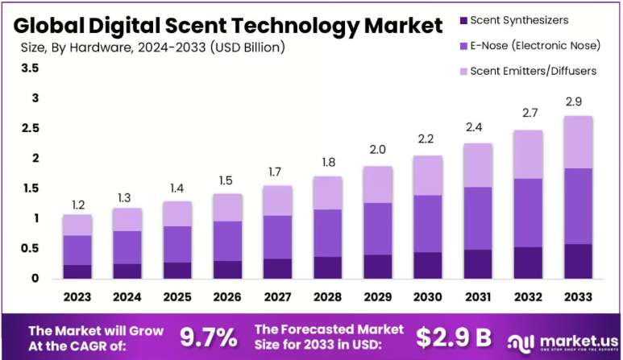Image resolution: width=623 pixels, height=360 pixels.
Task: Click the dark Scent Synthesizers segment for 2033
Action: (x=578, y=261)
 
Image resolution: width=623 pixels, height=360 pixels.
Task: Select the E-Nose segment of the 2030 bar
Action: (x=427, y=224)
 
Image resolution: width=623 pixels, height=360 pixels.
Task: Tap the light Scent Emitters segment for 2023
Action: (x=77, y=225)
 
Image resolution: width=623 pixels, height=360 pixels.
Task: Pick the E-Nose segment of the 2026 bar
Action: (x=227, y=241)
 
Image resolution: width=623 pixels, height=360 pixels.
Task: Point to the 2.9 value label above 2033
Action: (x=574, y=101)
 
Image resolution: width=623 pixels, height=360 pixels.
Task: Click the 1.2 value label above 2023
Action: (x=78, y=205)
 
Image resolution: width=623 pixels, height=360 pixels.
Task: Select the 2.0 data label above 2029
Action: (x=377, y=149)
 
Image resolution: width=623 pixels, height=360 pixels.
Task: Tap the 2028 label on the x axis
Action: (x=327, y=297)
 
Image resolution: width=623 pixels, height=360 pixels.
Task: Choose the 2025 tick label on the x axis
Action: (x=177, y=297)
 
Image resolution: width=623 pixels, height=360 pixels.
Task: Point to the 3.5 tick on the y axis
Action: (x=30, y=68)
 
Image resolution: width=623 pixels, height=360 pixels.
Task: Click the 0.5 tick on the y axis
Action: (x=30, y=249)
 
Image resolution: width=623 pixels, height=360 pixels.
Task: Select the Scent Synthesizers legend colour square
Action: (x=463, y=20)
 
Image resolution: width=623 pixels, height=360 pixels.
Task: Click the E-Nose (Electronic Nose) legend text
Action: (x=535, y=46)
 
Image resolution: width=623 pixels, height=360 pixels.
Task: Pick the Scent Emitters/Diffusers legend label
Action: (x=534, y=71)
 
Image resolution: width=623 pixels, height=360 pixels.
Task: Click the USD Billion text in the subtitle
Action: (x=248, y=48)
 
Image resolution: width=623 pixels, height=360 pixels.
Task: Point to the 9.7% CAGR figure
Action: (x=209, y=337)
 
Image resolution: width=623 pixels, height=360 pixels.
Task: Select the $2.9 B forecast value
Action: (x=453, y=337)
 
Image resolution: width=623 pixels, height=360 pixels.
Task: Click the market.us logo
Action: (x=563, y=343)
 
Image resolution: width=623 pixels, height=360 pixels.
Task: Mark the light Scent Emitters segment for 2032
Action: (x=528, y=155)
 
